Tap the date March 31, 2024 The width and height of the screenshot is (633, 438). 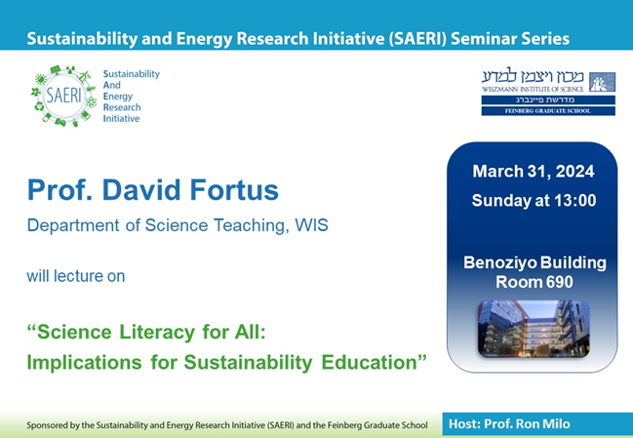click(533, 172)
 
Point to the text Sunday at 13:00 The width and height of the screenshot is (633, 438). click(533, 201)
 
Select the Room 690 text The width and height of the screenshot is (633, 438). click(533, 282)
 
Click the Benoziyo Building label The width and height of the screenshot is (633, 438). click(533, 263)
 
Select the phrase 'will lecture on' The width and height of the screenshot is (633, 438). click(76, 276)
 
